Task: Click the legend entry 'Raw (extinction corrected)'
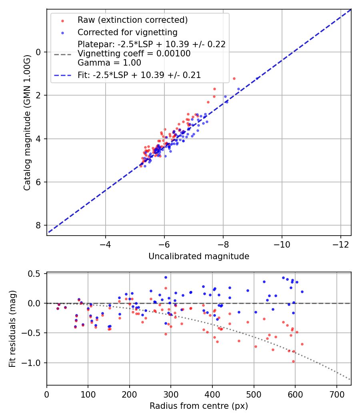132,20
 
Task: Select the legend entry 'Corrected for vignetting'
127,32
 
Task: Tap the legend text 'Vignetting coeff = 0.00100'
134,54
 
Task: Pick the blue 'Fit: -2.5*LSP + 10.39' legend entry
139,75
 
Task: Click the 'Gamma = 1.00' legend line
109,63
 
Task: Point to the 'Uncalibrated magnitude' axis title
199,256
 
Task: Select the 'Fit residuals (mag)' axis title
12,329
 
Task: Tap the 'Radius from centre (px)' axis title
199,406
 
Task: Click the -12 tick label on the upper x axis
340,244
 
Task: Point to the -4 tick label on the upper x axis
106,244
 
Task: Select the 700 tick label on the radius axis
336,394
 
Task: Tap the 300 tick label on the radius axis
171,394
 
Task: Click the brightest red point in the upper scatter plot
234,78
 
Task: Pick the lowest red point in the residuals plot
293,361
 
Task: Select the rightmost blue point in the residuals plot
302,292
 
